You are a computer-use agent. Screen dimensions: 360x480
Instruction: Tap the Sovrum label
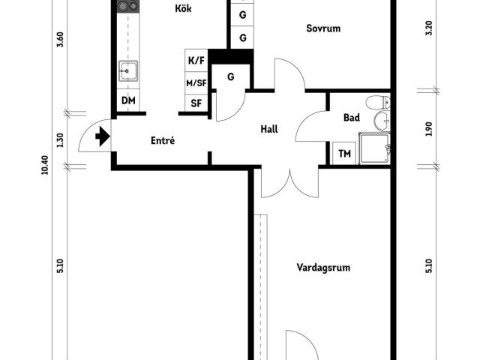[x=323, y=29]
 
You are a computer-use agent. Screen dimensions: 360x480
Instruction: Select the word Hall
[x=269, y=129]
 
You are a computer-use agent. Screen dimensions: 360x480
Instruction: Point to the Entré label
[x=163, y=140]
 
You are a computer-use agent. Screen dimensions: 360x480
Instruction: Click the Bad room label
[x=352, y=118]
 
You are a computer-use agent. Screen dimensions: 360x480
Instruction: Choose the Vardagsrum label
[x=323, y=267]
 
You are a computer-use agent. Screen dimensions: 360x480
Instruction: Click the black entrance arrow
[x=103, y=137]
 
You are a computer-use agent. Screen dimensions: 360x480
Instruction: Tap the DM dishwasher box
[x=128, y=100]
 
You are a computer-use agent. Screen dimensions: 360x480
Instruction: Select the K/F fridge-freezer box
[x=196, y=61]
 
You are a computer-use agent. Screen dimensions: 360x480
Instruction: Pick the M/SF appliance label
[x=196, y=83]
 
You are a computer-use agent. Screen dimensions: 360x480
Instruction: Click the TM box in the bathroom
[x=345, y=154]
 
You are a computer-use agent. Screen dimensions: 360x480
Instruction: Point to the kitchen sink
[x=127, y=71]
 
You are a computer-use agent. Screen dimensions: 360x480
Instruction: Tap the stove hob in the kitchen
[x=127, y=7]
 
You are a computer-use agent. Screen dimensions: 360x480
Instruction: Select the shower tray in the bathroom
[x=374, y=148]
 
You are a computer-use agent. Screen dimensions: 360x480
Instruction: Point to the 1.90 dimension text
[x=429, y=129]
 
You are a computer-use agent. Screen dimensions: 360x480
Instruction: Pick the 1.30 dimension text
[x=60, y=140]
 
